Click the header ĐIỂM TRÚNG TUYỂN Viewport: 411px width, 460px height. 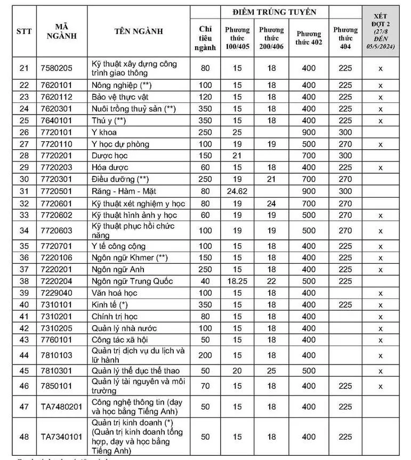(274, 12)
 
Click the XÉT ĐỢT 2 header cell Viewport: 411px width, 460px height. (381, 31)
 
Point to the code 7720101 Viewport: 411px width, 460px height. (56, 132)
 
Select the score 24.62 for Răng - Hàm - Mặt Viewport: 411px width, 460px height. (237, 190)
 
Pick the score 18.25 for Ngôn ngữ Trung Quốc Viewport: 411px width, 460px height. (237, 281)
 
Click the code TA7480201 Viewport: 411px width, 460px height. (62, 406)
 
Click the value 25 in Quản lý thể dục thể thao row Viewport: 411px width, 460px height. (272, 370)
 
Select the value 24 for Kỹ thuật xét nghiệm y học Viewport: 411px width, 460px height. (272, 203)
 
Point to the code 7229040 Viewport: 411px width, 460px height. (56, 293)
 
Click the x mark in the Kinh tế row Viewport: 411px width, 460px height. (381, 305)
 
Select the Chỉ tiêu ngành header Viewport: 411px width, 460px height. (205, 38)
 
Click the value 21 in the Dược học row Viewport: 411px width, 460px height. (237, 156)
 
